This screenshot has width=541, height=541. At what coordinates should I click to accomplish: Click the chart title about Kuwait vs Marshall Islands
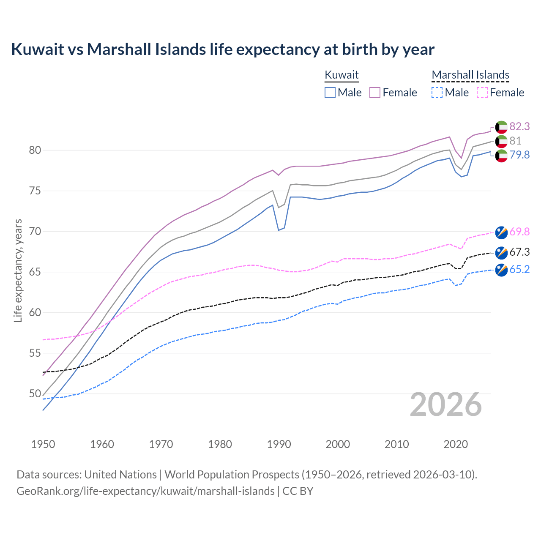coord(223,49)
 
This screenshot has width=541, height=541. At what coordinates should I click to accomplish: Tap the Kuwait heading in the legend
coord(342,75)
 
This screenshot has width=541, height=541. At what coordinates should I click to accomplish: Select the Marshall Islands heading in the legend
coord(470,75)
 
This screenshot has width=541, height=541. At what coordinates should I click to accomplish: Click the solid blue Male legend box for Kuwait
coord(330,93)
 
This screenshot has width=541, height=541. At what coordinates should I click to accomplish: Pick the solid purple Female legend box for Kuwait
coord(375,93)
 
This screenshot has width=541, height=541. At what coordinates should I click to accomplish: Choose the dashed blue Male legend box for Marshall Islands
coord(437,93)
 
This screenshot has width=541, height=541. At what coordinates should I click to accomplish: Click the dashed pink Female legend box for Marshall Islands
coord(482,93)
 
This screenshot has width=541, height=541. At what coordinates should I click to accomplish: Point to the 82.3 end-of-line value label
coord(519,126)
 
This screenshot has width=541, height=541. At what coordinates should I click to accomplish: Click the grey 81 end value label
coord(515,141)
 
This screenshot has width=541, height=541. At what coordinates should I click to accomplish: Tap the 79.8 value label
coord(519,155)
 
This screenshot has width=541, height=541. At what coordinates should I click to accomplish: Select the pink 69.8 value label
coord(519,232)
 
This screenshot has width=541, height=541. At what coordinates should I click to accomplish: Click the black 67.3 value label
coord(519,252)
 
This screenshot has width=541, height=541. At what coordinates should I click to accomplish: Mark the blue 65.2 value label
coord(519,270)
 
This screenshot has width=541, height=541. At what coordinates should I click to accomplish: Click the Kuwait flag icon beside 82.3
coord(501,127)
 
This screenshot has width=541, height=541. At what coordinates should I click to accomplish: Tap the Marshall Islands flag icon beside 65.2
coord(501,270)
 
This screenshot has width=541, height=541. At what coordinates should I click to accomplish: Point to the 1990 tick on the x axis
coord(279,444)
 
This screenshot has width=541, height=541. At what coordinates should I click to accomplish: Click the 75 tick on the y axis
coord(35,191)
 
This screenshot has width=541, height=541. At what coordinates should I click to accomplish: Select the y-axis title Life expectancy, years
coord(18,270)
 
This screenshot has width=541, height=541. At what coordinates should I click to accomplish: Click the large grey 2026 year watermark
coord(446,404)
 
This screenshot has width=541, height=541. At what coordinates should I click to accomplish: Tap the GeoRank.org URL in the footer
coord(145,491)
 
